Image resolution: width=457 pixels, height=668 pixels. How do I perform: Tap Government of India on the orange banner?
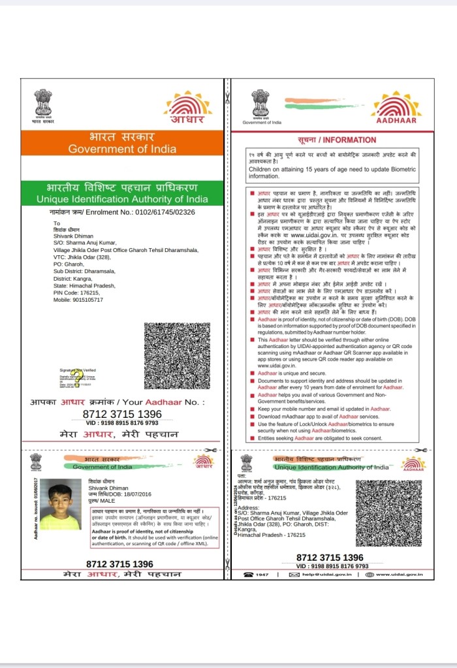[122, 149]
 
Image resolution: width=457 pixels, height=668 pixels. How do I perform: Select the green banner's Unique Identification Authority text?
[122, 199]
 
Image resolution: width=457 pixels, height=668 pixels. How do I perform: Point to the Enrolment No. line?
[122, 212]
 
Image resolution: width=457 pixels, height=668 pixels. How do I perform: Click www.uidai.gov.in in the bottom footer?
[399, 575]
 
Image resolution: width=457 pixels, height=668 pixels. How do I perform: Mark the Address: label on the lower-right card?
[249, 507]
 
